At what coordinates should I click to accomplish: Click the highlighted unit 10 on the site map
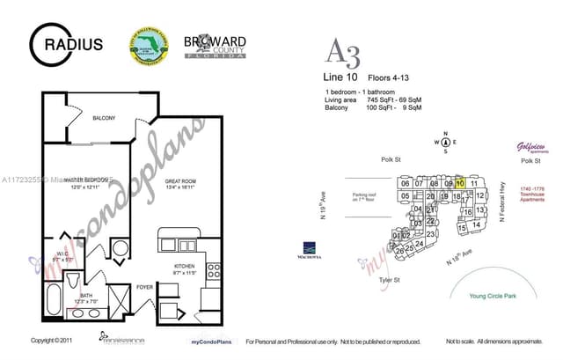point(459,183)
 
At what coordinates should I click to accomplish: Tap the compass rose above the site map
point(446,142)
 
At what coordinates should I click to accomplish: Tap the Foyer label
point(143,286)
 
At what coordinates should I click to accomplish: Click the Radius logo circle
point(46,42)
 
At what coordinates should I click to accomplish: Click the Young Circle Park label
point(494,297)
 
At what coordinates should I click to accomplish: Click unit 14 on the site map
point(476,225)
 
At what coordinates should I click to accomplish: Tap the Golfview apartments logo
point(531,148)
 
